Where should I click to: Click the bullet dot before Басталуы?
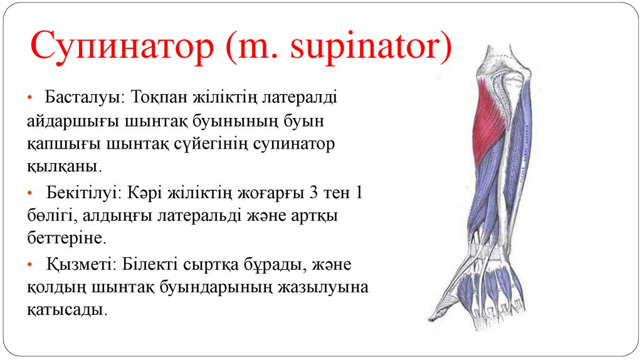click(x=31, y=98)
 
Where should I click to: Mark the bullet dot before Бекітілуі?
click(x=31, y=193)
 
